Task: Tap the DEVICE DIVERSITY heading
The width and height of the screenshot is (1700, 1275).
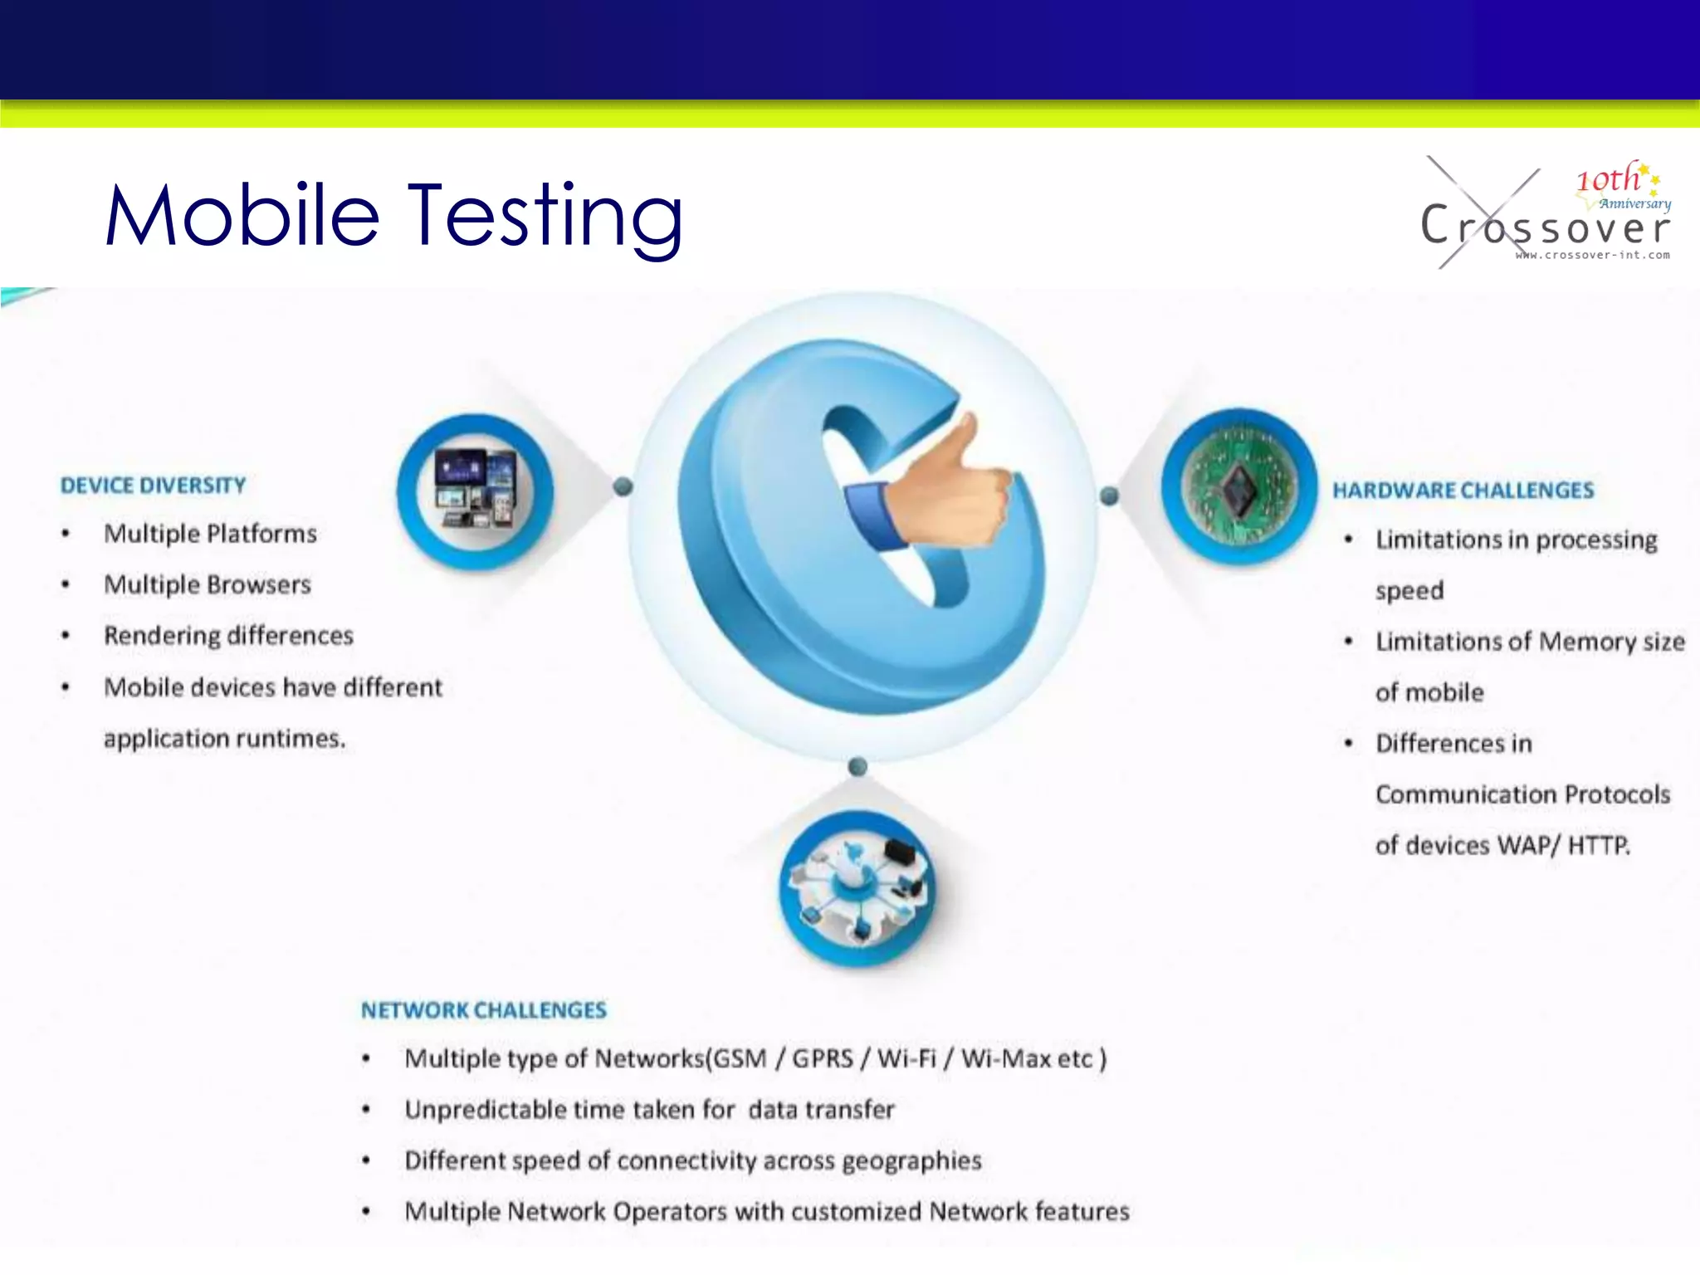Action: click(x=154, y=486)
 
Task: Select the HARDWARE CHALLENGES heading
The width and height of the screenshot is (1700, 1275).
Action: click(x=1463, y=491)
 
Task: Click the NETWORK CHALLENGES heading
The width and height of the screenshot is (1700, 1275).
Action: click(x=483, y=1010)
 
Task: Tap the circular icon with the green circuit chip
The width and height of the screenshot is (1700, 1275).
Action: click(x=1238, y=486)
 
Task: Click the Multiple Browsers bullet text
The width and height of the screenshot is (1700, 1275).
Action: click(x=208, y=584)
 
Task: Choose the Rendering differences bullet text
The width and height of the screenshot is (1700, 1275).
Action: click(x=228, y=636)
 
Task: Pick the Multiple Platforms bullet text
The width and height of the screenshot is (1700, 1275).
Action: click(x=210, y=534)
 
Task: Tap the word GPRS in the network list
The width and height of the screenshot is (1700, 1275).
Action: click(x=822, y=1058)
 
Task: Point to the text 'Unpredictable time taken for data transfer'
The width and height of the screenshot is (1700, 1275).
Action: click(x=649, y=1110)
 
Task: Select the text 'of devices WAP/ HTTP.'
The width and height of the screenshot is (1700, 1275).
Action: click(x=1502, y=845)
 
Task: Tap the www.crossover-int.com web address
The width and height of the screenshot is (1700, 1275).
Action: click(x=1592, y=255)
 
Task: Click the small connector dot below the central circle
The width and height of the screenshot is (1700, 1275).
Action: click(x=858, y=766)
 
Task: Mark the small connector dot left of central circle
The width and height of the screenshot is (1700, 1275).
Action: click(x=623, y=486)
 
